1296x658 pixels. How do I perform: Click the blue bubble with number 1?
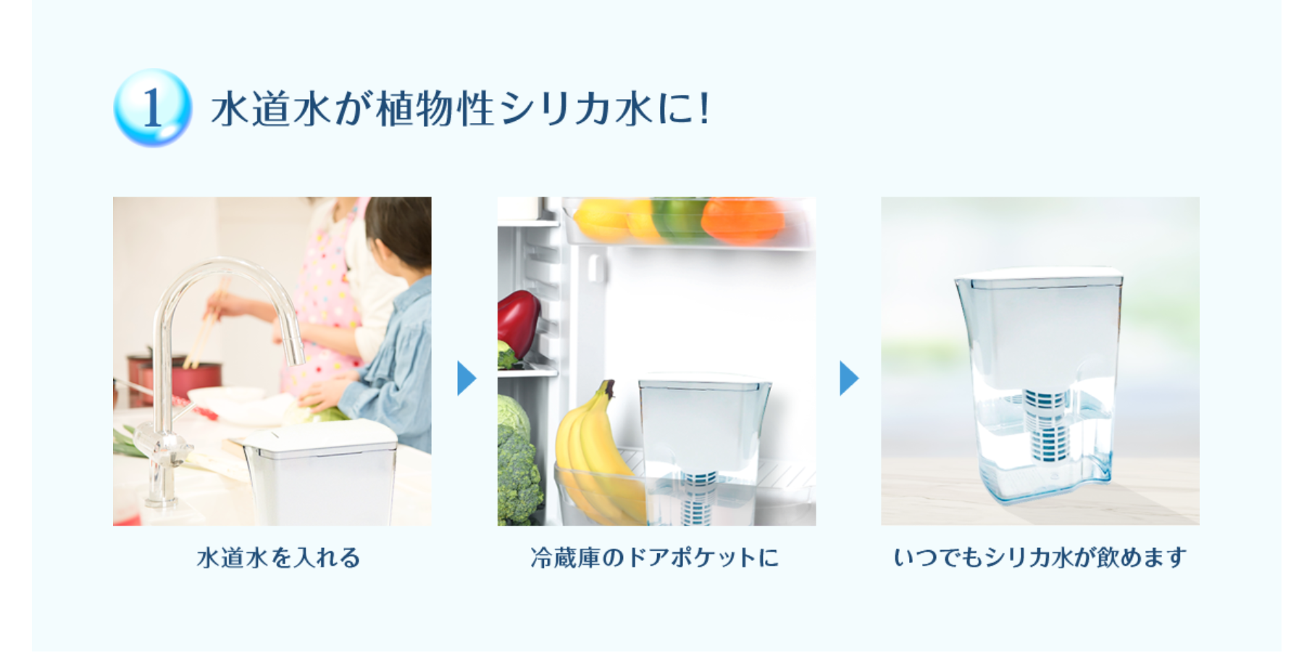click(152, 107)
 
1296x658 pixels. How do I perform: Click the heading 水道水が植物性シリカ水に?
click(461, 109)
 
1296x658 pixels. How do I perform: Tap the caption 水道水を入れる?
click(278, 557)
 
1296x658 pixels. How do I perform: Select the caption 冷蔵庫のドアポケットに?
click(655, 557)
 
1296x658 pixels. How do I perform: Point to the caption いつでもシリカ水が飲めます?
click(1040, 557)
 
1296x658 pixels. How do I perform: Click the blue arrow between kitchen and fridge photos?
click(467, 378)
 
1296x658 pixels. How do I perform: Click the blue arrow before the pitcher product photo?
click(849, 378)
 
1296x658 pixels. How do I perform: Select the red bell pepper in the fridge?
click(517, 322)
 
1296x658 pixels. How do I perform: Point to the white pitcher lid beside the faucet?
click(319, 439)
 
